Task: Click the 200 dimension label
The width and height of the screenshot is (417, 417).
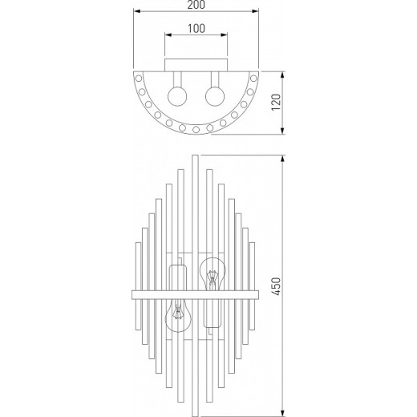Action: click(196, 5)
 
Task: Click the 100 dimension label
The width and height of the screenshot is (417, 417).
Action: click(196, 29)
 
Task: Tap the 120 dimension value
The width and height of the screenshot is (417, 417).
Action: click(277, 102)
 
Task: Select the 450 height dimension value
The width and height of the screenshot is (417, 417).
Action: click(277, 286)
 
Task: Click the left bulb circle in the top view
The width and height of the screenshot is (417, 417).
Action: click(177, 96)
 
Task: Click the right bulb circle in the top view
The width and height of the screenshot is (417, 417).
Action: click(215, 96)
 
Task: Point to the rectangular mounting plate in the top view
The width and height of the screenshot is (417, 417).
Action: click(196, 65)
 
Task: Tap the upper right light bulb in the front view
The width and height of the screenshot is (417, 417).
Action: click(213, 273)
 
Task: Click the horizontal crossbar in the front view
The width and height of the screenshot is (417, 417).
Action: click(196, 295)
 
